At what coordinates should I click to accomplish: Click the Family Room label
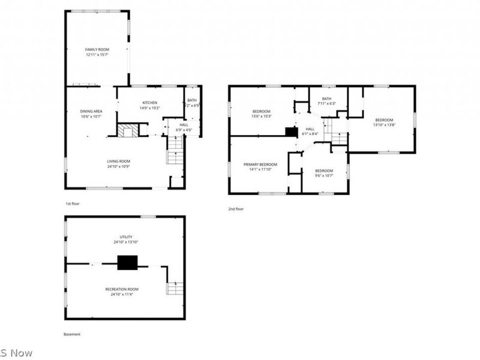(x=96, y=49)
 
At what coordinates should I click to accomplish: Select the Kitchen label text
(x=149, y=103)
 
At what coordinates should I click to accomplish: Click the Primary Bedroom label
(x=260, y=164)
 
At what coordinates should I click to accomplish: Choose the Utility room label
(x=126, y=237)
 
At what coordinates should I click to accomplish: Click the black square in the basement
(x=127, y=262)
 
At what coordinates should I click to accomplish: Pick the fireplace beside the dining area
(x=127, y=130)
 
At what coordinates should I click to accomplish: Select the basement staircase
(x=174, y=288)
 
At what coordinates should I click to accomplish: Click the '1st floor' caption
(x=72, y=204)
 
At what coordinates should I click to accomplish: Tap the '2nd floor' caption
(x=236, y=209)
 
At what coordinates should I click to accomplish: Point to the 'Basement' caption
(x=72, y=334)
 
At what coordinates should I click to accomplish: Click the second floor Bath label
(x=326, y=99)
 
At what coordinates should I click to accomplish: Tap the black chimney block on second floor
(x=292, y=132)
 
